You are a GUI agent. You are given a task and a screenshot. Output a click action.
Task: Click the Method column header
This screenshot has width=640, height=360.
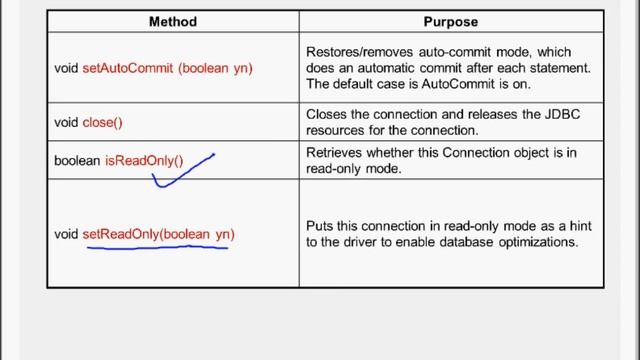click(172, 21)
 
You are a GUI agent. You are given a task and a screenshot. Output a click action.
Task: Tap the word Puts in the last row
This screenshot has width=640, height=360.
click(319, 227)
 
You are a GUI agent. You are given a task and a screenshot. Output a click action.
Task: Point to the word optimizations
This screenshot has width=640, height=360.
click(540, 242)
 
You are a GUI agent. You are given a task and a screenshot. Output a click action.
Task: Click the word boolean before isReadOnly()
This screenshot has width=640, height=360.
click(77, 160)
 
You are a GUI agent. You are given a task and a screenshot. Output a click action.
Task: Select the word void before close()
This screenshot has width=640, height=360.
click(66, 122)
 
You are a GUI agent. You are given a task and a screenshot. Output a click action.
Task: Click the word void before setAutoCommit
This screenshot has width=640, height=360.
click(66, 68)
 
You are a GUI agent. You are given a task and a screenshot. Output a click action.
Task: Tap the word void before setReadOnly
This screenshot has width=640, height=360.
click(66, 234)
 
